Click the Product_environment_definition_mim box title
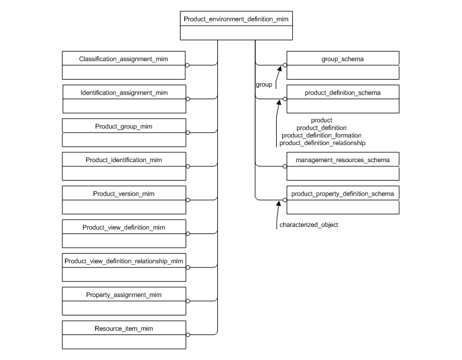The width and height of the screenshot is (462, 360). (236, 20)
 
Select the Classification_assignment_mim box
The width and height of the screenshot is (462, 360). (124, 65)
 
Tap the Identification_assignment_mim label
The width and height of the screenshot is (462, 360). (124, 93)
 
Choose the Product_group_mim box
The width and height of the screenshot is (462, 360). (124, 132)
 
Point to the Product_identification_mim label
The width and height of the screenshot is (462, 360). (124, 160)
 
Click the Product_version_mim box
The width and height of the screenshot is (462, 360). (124, 200)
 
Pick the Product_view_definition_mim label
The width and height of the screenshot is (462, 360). (124, 228)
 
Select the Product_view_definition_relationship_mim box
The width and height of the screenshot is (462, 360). (124, 267)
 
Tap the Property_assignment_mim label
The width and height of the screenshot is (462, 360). (124, 295)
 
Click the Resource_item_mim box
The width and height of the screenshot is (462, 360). (124, 334)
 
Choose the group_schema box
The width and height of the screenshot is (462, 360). (343, 65)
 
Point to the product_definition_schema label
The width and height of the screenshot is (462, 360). (343, 93)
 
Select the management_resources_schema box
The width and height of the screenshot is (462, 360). (343, 166)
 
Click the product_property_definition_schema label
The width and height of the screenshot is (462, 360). (343, 194)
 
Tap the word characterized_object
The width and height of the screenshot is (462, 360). (309, 225)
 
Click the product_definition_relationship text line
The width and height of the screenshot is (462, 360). (322, 143)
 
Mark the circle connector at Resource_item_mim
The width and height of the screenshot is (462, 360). (188, 334)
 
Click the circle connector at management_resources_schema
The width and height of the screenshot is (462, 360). (284, 166)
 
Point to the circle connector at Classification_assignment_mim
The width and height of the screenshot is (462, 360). (188, 65)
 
